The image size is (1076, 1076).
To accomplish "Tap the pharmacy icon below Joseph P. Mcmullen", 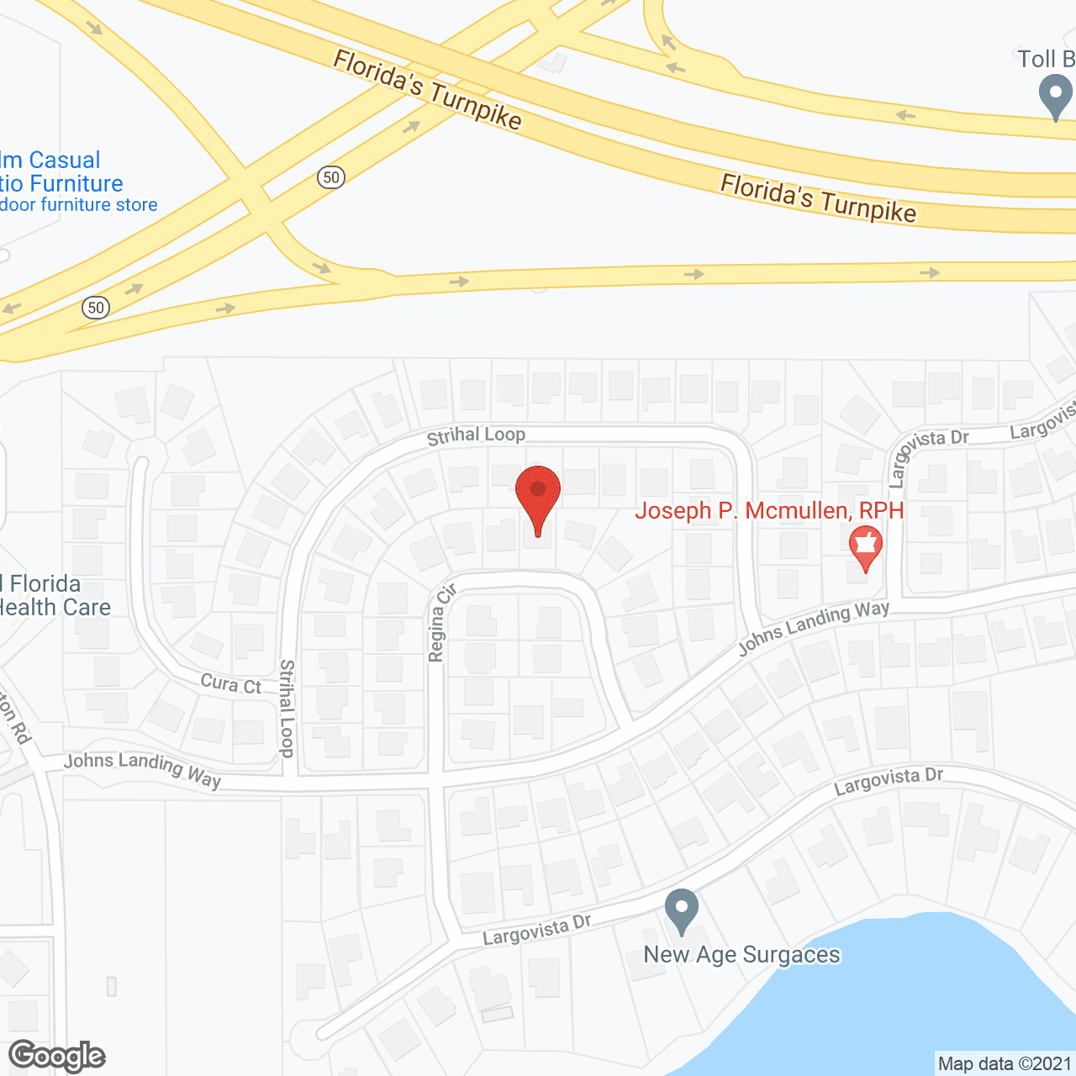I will (x=865, y=547).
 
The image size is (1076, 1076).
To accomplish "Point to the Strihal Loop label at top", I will (x=476, y=435).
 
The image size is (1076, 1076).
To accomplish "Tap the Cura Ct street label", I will (x=230, y=684).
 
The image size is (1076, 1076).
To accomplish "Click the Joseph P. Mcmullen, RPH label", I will (x=769, y=510).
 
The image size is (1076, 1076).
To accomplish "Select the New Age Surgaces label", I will (x=741, y=955).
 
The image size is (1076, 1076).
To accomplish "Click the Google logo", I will (x=57, y=1056).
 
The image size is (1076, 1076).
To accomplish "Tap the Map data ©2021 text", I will (x=1005, y=1064).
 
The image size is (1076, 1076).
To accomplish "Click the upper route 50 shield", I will (x=331, y=177).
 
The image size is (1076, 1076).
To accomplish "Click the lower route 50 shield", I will (x=96, y=307).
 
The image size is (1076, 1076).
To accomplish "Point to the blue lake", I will (x=883, y=1000).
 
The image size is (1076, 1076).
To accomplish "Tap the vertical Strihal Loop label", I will (x=287, y=708).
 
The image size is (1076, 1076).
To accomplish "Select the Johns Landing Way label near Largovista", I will (x=813, y=627).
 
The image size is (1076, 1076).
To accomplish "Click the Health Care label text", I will (x=55, y=607).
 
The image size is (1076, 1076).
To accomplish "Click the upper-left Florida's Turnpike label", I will (x=428, y=89).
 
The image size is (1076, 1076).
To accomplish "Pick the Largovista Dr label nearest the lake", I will (x=888, y=780).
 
